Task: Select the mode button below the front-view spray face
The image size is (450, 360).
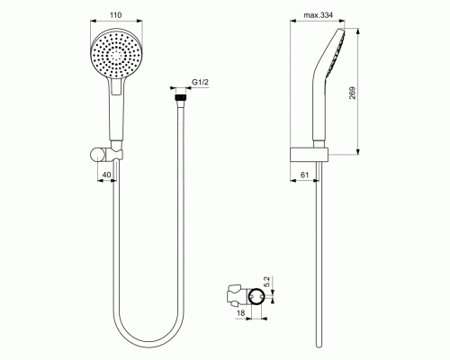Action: pos(116,86)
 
